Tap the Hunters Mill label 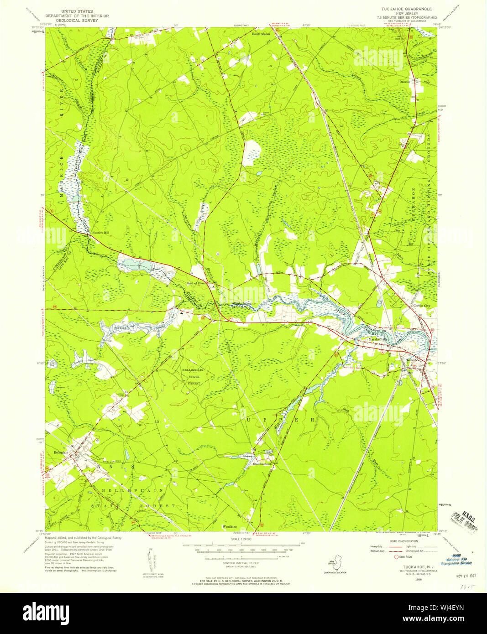coord(100,233)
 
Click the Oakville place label coord(418,82)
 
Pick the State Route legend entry coord(403,556)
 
